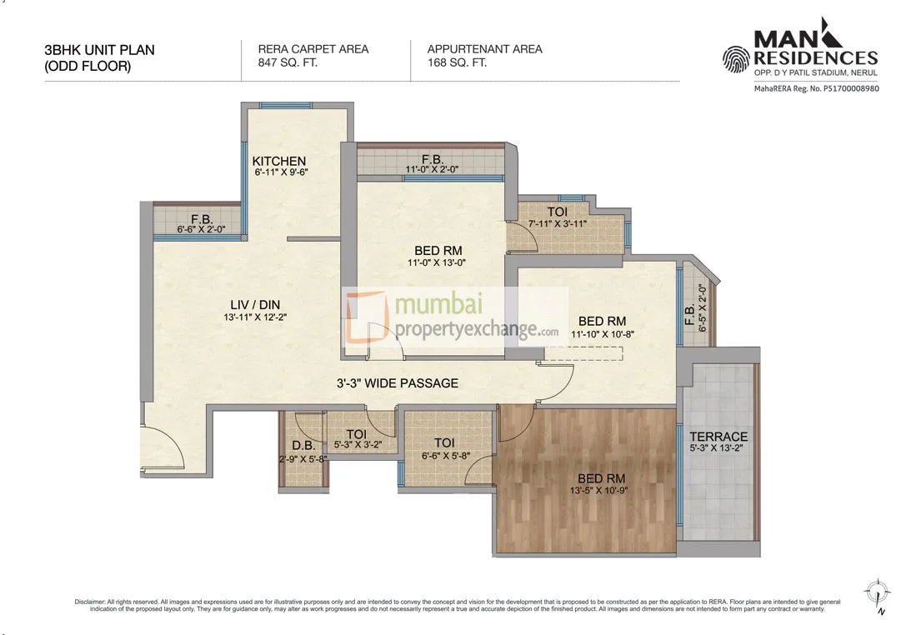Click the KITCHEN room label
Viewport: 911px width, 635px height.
279,161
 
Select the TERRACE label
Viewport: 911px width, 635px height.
718,437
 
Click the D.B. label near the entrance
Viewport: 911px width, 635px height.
302,446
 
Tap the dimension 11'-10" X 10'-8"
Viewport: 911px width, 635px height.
602,333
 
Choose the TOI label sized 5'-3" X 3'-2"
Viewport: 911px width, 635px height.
356,434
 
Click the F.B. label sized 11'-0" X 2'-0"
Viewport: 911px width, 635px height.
431,159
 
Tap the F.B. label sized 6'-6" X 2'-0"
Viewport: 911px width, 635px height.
199,219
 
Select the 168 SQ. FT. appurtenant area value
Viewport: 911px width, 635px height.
458,62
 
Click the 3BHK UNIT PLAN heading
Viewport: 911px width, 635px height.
99,50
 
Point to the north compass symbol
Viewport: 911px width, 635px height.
875,594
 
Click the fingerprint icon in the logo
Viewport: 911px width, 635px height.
737,59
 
